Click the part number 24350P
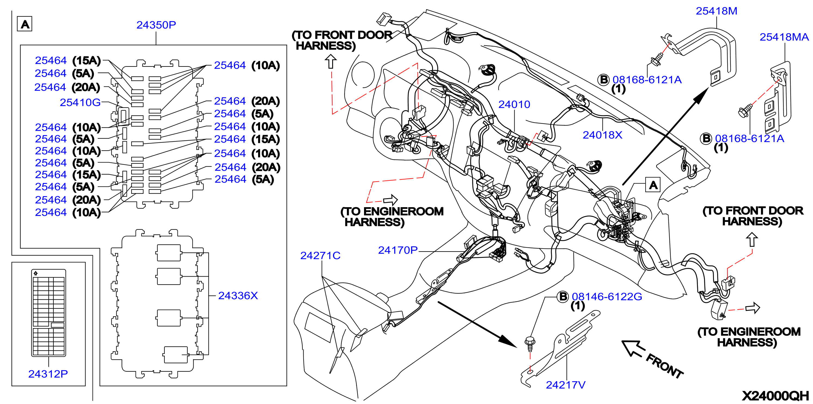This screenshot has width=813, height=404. [x=156, y=25]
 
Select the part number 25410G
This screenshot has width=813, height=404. [x=80, y=103]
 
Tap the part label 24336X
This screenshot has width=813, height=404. [x=238, y=296]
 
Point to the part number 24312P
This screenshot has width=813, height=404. [x=48, y=374]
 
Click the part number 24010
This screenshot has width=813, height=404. [x=514, y=105]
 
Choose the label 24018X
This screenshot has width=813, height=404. [x=602, y=135]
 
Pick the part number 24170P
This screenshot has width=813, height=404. [x=398, y=250]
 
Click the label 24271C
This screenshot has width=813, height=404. [x=320, y=256]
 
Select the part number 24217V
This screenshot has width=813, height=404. [x=566, y=385]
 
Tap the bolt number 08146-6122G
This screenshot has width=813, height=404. [x=607, y=297]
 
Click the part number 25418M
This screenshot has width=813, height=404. [x=716, y=11]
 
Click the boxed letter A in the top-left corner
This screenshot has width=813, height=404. [x=25, y=24]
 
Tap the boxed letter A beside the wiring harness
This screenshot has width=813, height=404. [x=653, y=185]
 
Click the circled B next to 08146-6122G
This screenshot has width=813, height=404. [x=563, y=297]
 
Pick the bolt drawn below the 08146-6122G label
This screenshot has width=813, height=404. [x=530, y=344]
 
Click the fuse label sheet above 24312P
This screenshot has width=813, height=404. [x=49, y=313]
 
